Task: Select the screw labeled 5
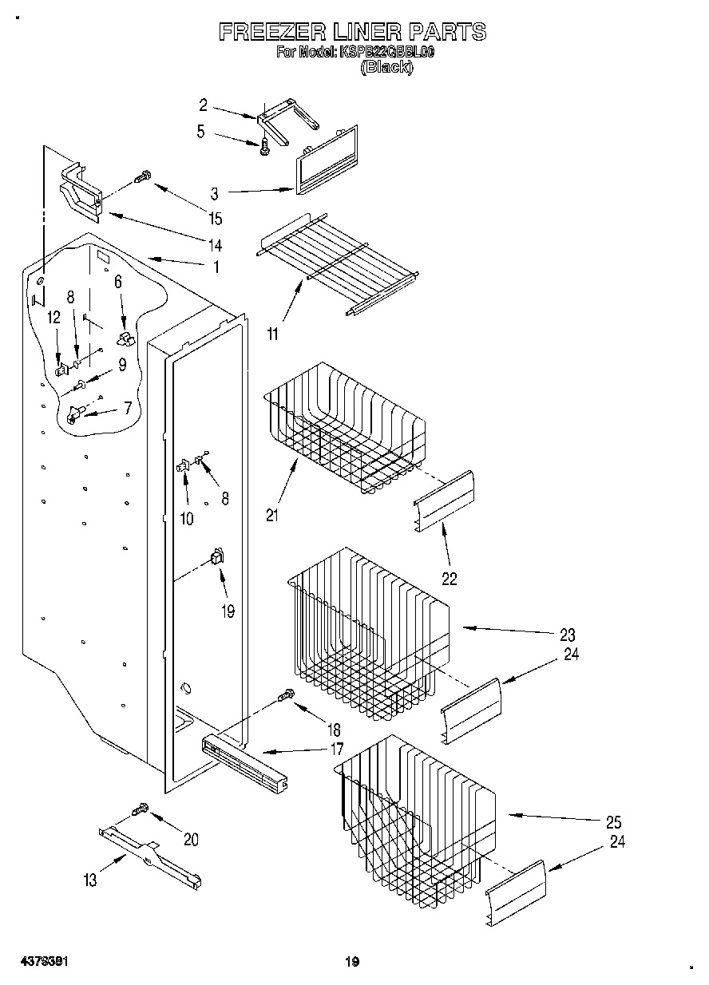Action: point(264,145)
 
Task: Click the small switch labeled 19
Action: point(216,556)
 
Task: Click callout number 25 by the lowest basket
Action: point(613,822)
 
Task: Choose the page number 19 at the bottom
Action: point(353,962)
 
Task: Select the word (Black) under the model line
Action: point(386,68)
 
